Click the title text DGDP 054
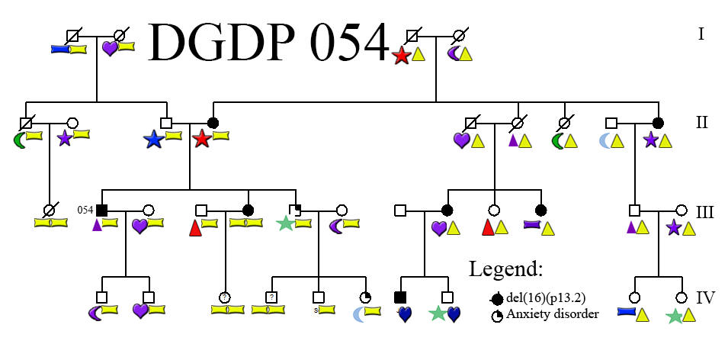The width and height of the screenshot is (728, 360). (x=268, y=42)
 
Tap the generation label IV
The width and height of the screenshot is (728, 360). (x=706, y=297)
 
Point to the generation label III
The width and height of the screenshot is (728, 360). (x=704, y=211)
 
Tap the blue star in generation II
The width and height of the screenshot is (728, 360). (x=153, y=139)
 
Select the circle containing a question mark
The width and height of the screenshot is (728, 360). (x=225, y=297)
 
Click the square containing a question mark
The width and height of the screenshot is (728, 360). (x=271, y=297)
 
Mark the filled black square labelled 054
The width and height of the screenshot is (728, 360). (x=102, y=210)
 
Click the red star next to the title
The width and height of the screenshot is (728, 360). (x=401, y=55)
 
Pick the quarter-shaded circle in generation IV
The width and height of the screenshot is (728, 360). (x=366, y=297)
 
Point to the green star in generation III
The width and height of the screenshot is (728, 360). (x=285, y=223)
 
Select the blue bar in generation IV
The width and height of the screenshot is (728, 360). (x=626, y=311)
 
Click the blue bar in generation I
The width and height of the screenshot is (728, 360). (x=59, y=49)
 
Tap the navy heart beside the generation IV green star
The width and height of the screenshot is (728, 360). (x=454, y=313)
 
